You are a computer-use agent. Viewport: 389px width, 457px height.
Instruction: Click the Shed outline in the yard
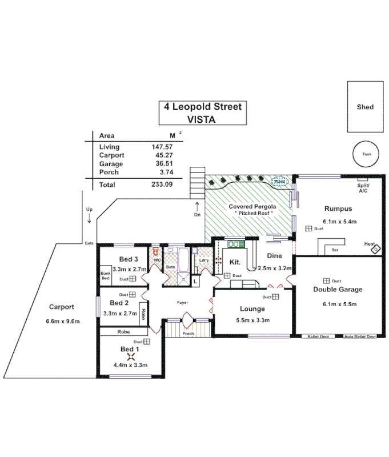coord(364,107)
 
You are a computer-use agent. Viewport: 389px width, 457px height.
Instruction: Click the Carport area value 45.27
coord(164,155)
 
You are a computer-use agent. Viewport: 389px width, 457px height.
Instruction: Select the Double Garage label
coord(338,290)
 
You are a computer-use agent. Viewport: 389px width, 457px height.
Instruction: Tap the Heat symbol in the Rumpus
coord(375,249)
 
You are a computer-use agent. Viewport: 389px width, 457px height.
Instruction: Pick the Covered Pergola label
coord(252,206)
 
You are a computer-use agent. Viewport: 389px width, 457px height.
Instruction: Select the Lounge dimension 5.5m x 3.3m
coord(251,320)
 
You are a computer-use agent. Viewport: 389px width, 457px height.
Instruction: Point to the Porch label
coord(188,334)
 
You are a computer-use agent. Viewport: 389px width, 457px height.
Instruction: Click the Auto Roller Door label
coord(360,337)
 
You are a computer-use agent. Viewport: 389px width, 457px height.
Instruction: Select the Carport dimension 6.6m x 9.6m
coord(63,321)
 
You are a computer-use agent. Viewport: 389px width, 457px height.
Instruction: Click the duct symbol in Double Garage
coord(326,280)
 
